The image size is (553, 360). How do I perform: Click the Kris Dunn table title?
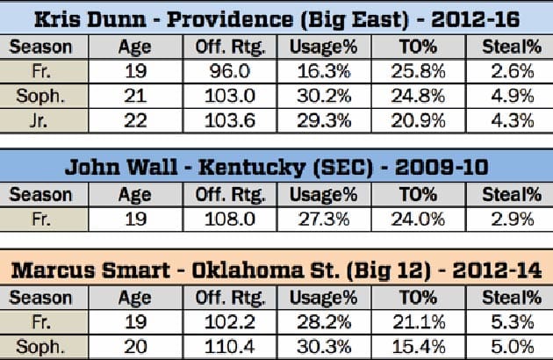tap(276, 18)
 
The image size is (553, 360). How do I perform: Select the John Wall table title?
tap(276, 165)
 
